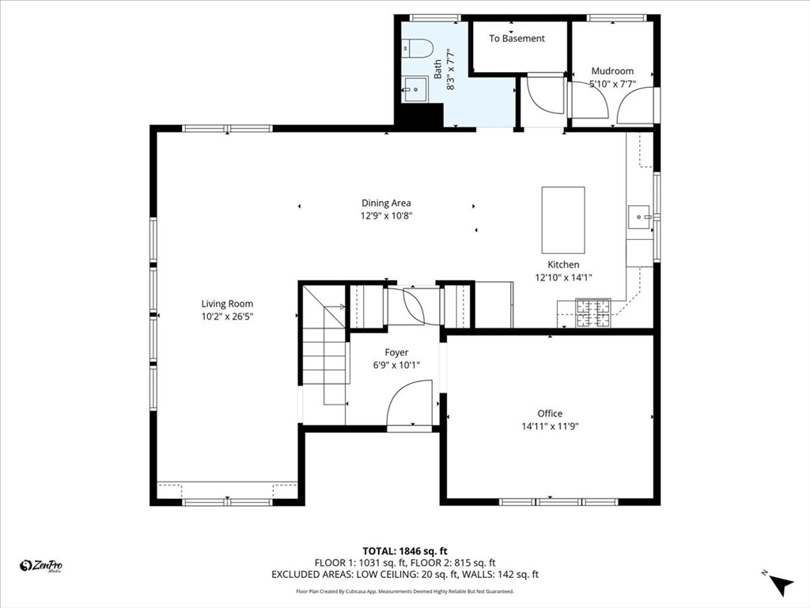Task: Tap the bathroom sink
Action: pyautogui.click(x=415, y=89)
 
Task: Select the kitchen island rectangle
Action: pyautogui.click(x=563, y=220)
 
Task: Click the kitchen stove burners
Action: pyautogui.click(x=593, y=313)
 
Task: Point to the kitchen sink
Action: pyautogui.click(x=639, y=217)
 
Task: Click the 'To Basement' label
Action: pyautogui.click(x=517, y=38)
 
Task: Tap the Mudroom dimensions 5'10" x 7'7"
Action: pyautogui.click(x=613, y=84)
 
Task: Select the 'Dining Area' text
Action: pyautogui.click(x=386, y=203)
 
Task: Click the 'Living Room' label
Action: pyautogui.click(x=227, y=303)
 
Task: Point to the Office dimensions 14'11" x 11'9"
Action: pyautogui.click(x=550, y=426)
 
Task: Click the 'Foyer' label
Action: pyautogui.click(x=396, y=352)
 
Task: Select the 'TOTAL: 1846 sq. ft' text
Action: pyautogui.click(x=404, y=551)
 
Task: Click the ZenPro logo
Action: pyautogui.click(x=41, y=566)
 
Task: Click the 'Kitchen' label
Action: pyautogui.click(x=563, y=264)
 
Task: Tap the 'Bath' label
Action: pyautogui.click(x=437, y=70)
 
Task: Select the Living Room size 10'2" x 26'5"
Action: pyautogui.click(x=227, y=317)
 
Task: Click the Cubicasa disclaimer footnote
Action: pyautogui.click(x=405, y=591)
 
